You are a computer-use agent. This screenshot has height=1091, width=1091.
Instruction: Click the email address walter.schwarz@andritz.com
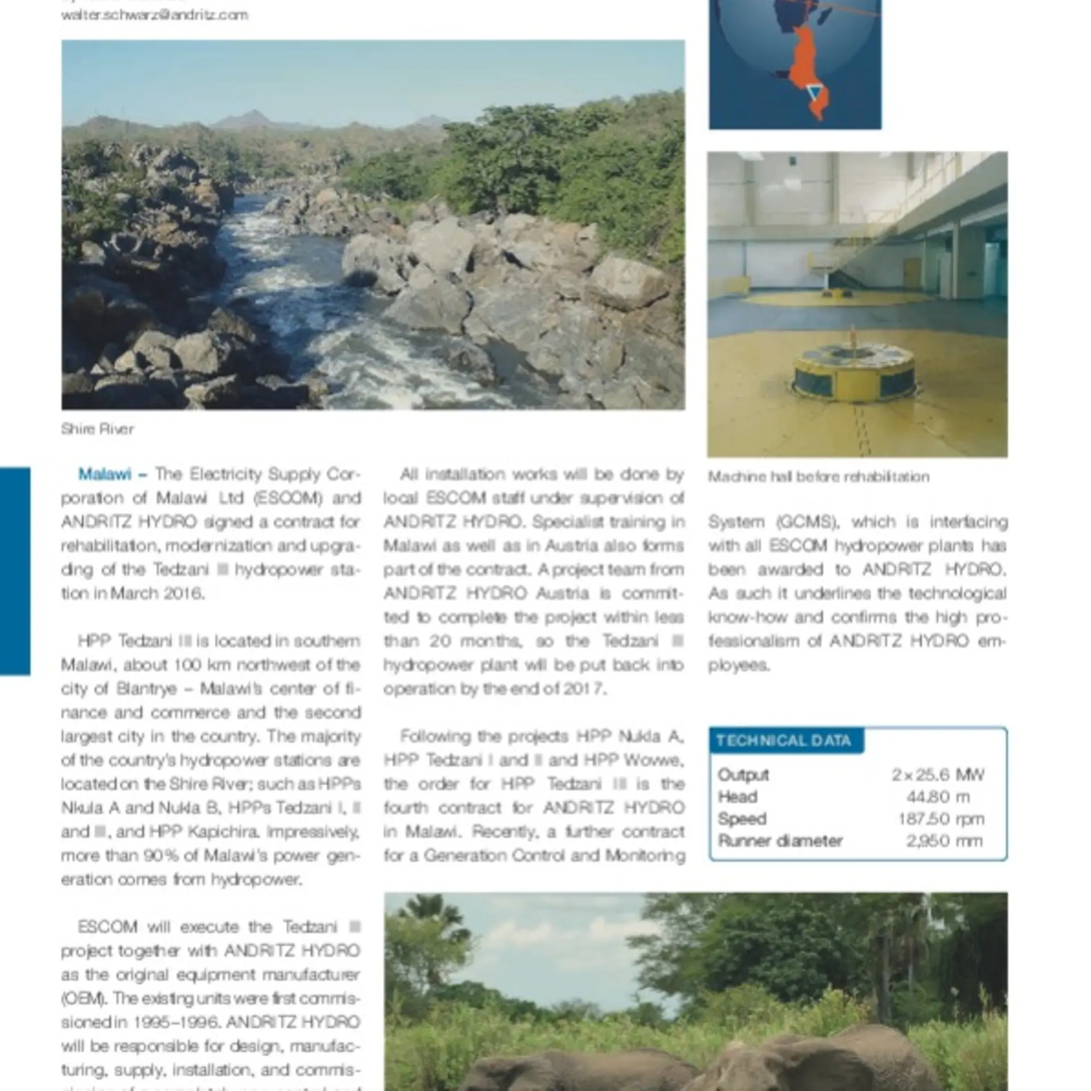coord(155,15)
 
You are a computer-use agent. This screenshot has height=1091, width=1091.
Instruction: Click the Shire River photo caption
coord(97,428)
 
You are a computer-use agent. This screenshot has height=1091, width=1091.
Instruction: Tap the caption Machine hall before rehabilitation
coord(818,476)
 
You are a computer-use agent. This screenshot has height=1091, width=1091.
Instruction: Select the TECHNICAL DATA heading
coord(784,740)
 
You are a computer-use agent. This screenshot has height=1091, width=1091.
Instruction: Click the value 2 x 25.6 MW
coord(938,774)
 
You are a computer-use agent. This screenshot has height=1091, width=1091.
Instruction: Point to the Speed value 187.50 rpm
coord(941,819)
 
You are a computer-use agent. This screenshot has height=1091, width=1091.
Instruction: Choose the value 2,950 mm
coord(944,841)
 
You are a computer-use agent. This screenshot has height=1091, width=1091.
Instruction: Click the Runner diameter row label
coord(780,841)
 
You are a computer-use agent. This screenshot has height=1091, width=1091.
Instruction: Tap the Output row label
coord(743,774)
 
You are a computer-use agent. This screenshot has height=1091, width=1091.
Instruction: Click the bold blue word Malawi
coord(105,474)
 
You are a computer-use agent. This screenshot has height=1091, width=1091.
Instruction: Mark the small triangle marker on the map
coord(815,91)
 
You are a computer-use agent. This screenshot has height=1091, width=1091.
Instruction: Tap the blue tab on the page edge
coord(15,571)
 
